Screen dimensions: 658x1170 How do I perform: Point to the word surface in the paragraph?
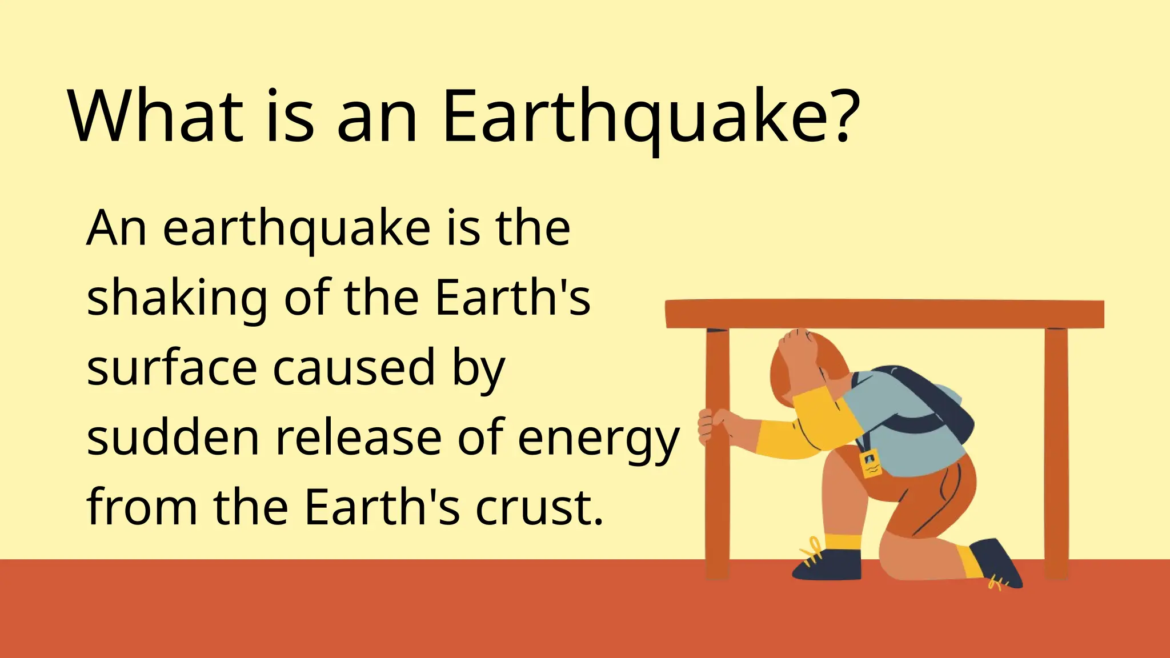click(x=171, y=369)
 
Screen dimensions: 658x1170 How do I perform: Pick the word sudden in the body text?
click(x=173, y=438)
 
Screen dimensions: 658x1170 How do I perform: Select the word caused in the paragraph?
click(x=354, y=369)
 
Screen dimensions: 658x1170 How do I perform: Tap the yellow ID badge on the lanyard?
click(x=870, y=463)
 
